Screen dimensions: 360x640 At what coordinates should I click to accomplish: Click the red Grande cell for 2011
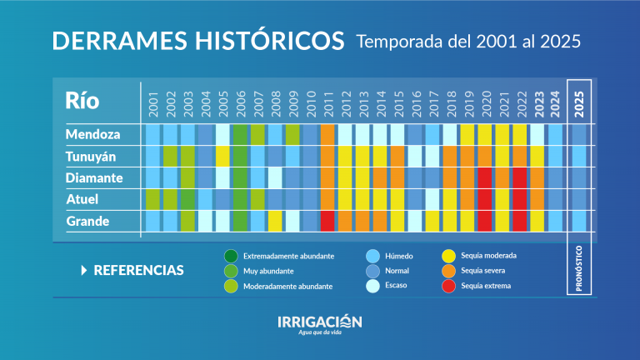tap(327, 221)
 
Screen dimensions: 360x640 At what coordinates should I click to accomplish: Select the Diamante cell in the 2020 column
tap(484, 177)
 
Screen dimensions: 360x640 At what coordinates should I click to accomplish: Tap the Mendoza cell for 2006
tap(240, 134)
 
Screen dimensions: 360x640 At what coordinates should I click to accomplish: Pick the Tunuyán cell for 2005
tap(222, 156)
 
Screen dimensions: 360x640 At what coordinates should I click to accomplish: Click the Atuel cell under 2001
tap(152, 199)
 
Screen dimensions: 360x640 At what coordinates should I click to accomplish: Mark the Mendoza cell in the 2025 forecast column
tap(579, 134)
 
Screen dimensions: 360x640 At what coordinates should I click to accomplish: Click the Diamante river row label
tap(94, 177)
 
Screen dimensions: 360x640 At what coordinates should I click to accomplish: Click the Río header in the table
tap(82, 101)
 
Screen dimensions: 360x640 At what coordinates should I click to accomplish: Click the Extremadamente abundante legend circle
tap(230, 256)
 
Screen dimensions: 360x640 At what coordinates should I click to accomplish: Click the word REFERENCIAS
tap(138, 271)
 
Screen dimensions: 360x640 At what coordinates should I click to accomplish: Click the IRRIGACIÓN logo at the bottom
tap(320, 322)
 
